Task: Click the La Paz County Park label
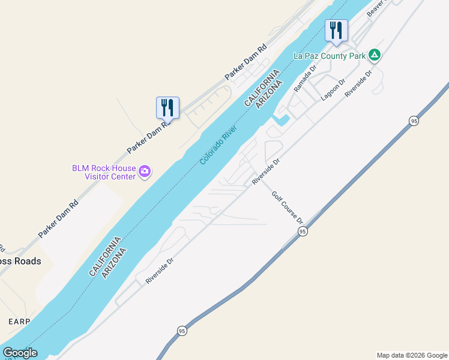[329, 56]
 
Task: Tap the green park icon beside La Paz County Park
[375, 55]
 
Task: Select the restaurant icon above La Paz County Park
[336, 30]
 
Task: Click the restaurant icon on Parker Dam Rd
[167, 108]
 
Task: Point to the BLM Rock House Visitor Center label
[103, 172]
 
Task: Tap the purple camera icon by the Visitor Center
[145, 172]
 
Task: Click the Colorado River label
[218, 146]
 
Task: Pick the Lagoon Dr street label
[333, 89]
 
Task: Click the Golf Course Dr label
[287, 208]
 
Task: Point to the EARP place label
[19, 322]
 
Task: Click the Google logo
[20, 353]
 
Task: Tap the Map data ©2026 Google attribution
[412, 355]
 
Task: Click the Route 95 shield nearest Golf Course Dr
[303, 231]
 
